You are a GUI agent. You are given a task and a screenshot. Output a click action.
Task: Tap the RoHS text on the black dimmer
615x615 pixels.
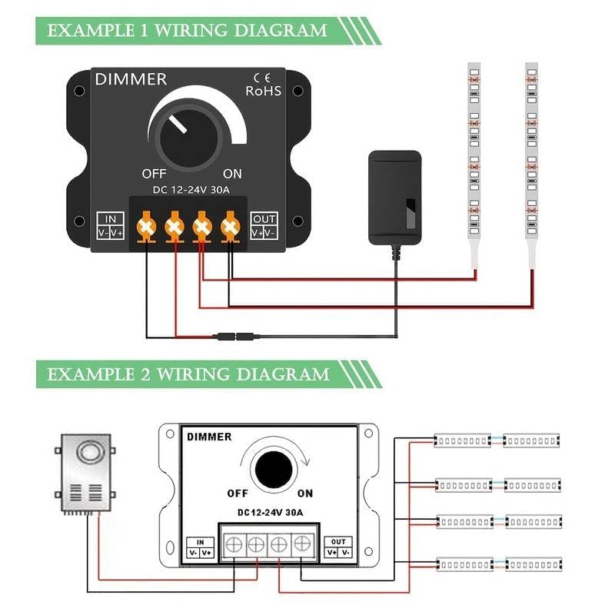click(263, 91)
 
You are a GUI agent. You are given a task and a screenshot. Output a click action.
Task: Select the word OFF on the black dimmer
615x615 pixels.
click(155, 172)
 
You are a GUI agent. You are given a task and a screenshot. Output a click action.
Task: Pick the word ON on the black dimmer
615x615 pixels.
click(232, 172)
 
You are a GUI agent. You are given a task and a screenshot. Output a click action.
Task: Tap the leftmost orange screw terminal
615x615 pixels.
click(146, 228)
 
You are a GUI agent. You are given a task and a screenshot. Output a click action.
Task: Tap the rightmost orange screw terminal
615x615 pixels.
click(230, 228)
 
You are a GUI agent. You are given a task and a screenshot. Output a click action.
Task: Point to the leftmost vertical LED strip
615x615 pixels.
click(475, 154)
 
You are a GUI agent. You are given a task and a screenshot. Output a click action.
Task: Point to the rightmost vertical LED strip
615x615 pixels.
click(530, 154)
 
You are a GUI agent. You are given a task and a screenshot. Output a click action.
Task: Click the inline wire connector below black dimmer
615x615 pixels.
click(237, 336)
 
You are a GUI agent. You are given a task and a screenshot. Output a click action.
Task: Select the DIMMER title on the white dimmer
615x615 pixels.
click(209, 437)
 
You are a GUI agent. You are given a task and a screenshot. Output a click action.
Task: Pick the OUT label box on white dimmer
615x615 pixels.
click(338, 547)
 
